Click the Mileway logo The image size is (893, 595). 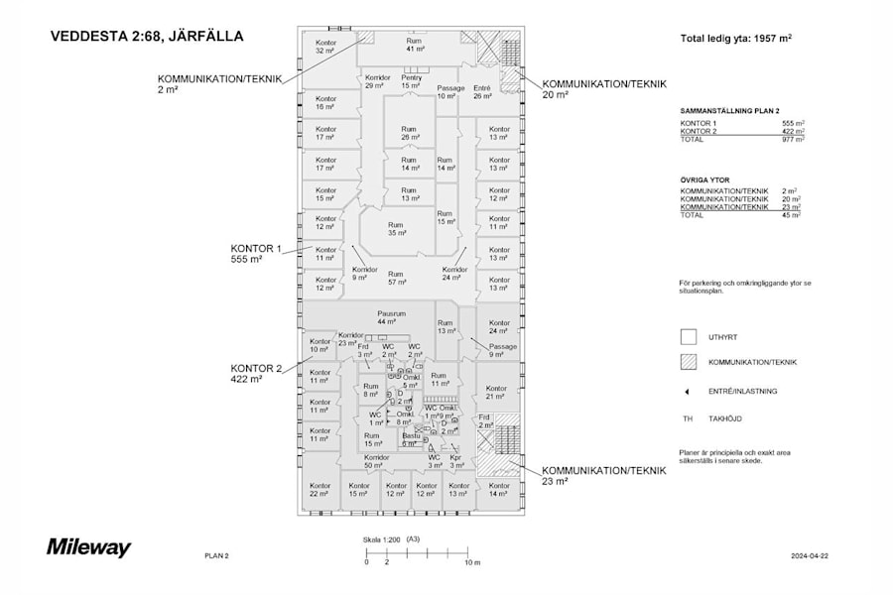click(88, 547)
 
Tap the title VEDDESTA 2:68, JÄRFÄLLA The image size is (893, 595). click(146, 37)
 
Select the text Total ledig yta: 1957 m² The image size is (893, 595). click(735, 39)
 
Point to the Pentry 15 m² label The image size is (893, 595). click(412, 81)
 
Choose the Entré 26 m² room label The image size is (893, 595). click(482, 91)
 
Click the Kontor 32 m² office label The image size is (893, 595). click(325, 46)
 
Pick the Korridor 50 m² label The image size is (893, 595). click(374, 460)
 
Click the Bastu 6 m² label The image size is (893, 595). click(410, 439)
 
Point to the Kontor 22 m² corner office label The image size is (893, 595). click(319, 489)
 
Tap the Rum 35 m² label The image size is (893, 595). click(397, 228)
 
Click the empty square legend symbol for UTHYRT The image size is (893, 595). click(688, 336)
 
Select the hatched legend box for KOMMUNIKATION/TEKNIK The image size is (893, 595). click(688, 363)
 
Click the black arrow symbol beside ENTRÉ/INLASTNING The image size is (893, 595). click(687, 391)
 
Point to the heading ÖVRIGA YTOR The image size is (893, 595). click(704, 180)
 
